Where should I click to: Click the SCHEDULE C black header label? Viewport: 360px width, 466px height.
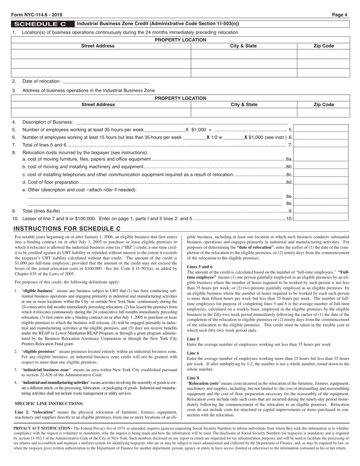point(43,24)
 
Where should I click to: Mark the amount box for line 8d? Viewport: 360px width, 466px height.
point(321,182)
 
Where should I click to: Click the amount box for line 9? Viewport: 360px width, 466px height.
point(321,211)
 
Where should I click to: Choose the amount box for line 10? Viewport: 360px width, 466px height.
point(321,218)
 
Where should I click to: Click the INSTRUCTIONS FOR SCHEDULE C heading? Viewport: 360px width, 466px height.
point(67,229)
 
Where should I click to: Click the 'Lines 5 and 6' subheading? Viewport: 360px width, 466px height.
point(200,267)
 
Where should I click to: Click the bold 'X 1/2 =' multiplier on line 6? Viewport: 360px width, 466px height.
point(214,137)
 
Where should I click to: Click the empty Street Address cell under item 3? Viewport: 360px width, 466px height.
point(101,113)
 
